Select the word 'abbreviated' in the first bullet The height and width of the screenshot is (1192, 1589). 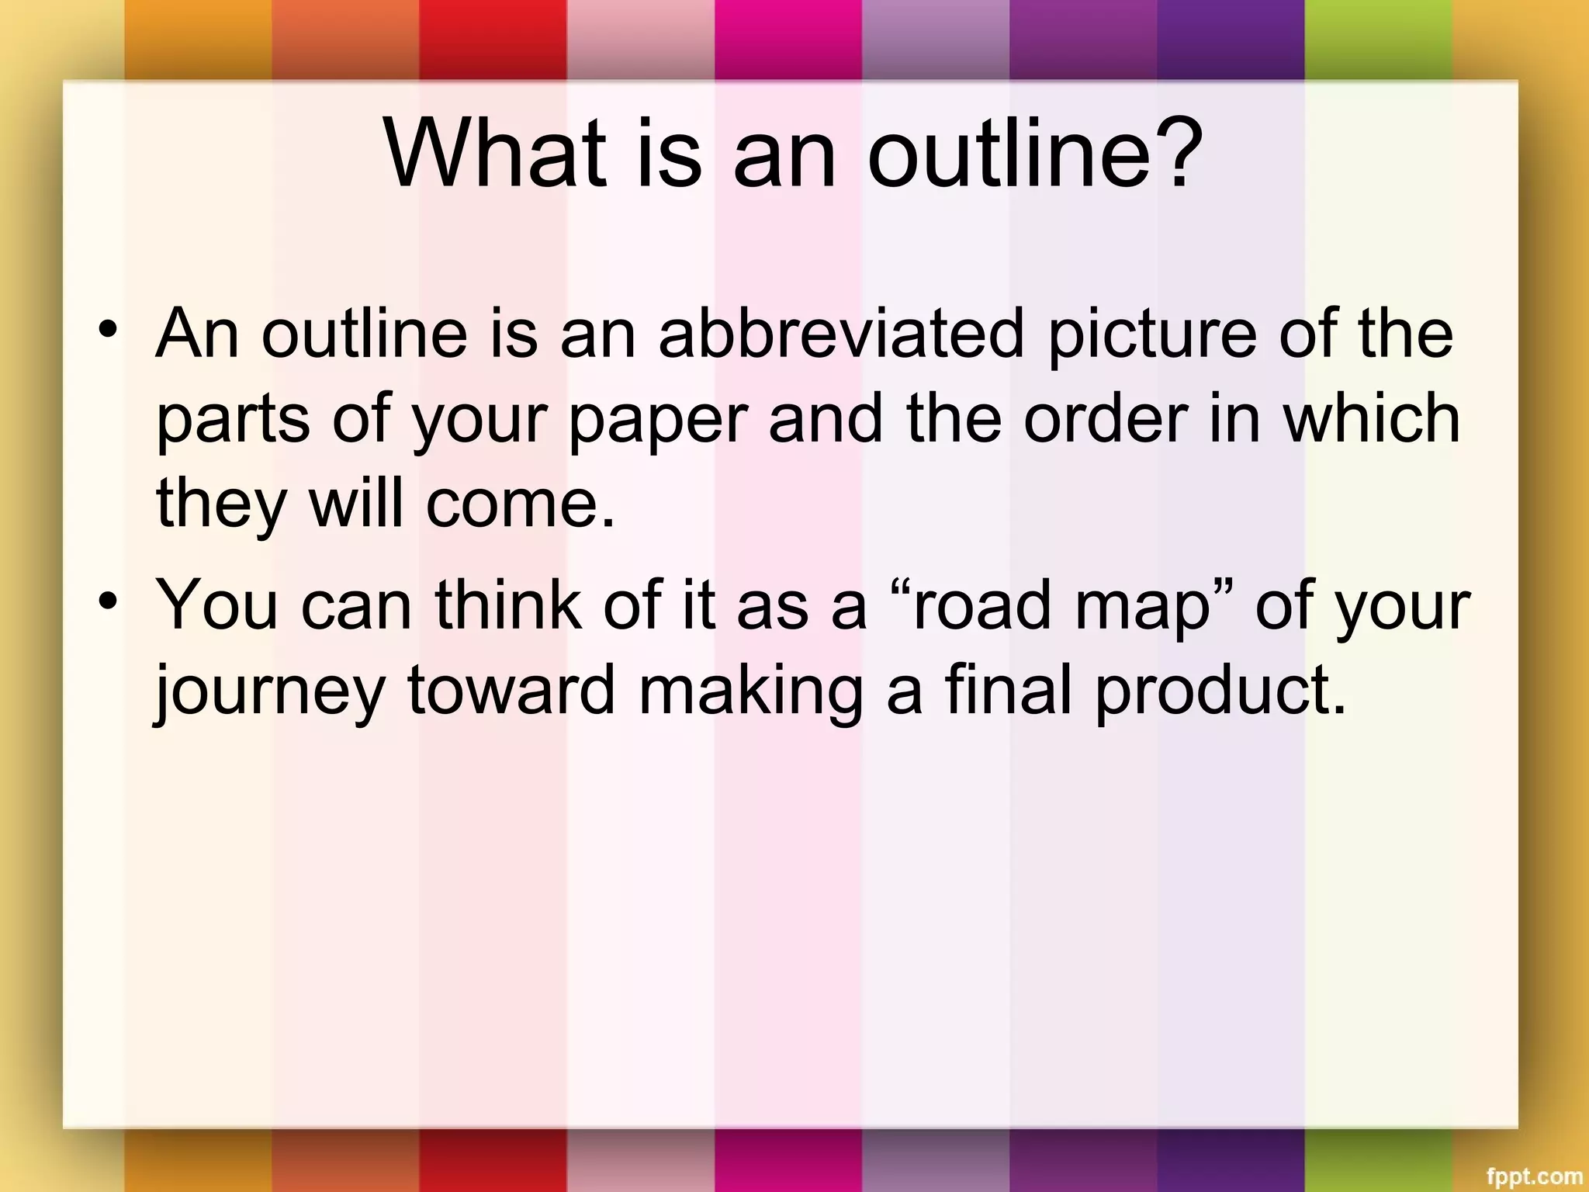point(841,334)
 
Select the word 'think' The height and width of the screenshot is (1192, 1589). point(508,605)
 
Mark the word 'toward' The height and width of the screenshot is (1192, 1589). point(511,691)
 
